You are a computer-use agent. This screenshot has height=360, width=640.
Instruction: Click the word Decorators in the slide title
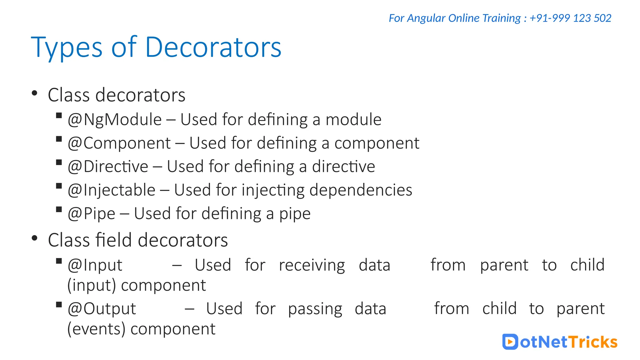[213, 47]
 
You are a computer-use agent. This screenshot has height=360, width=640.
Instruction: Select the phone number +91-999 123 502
[570, 18]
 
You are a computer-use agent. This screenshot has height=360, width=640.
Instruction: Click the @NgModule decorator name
[115, 120]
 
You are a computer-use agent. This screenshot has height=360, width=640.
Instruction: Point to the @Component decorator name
[119, 143]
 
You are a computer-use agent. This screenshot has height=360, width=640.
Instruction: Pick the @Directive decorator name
[108, 167]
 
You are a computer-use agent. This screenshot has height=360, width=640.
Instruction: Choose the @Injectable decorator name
[112, 190]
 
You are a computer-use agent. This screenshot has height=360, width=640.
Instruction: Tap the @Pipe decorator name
[92, 214]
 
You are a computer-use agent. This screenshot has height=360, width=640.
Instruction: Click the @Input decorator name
[95, 265]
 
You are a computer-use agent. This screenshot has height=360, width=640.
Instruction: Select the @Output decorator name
[102, 309]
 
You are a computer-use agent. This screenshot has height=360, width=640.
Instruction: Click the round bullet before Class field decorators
[35, 238]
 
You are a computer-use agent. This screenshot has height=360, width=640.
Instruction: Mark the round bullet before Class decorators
[35, 93]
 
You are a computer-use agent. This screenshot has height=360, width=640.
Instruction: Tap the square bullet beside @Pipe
[59, 209]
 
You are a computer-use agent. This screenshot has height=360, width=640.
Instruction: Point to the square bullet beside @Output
[59, 305]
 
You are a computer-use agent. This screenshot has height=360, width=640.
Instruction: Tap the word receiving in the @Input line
[312, 265]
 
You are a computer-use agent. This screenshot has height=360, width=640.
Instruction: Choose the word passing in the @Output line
[315, 309]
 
